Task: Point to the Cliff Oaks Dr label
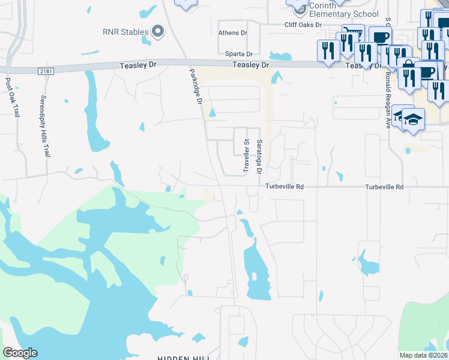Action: tap(303, 25)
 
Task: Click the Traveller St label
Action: tap(246, 157)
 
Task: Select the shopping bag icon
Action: tap(408, 65)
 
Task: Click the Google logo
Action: tap(20, 353)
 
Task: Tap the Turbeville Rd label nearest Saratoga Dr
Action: tap(285, 187)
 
